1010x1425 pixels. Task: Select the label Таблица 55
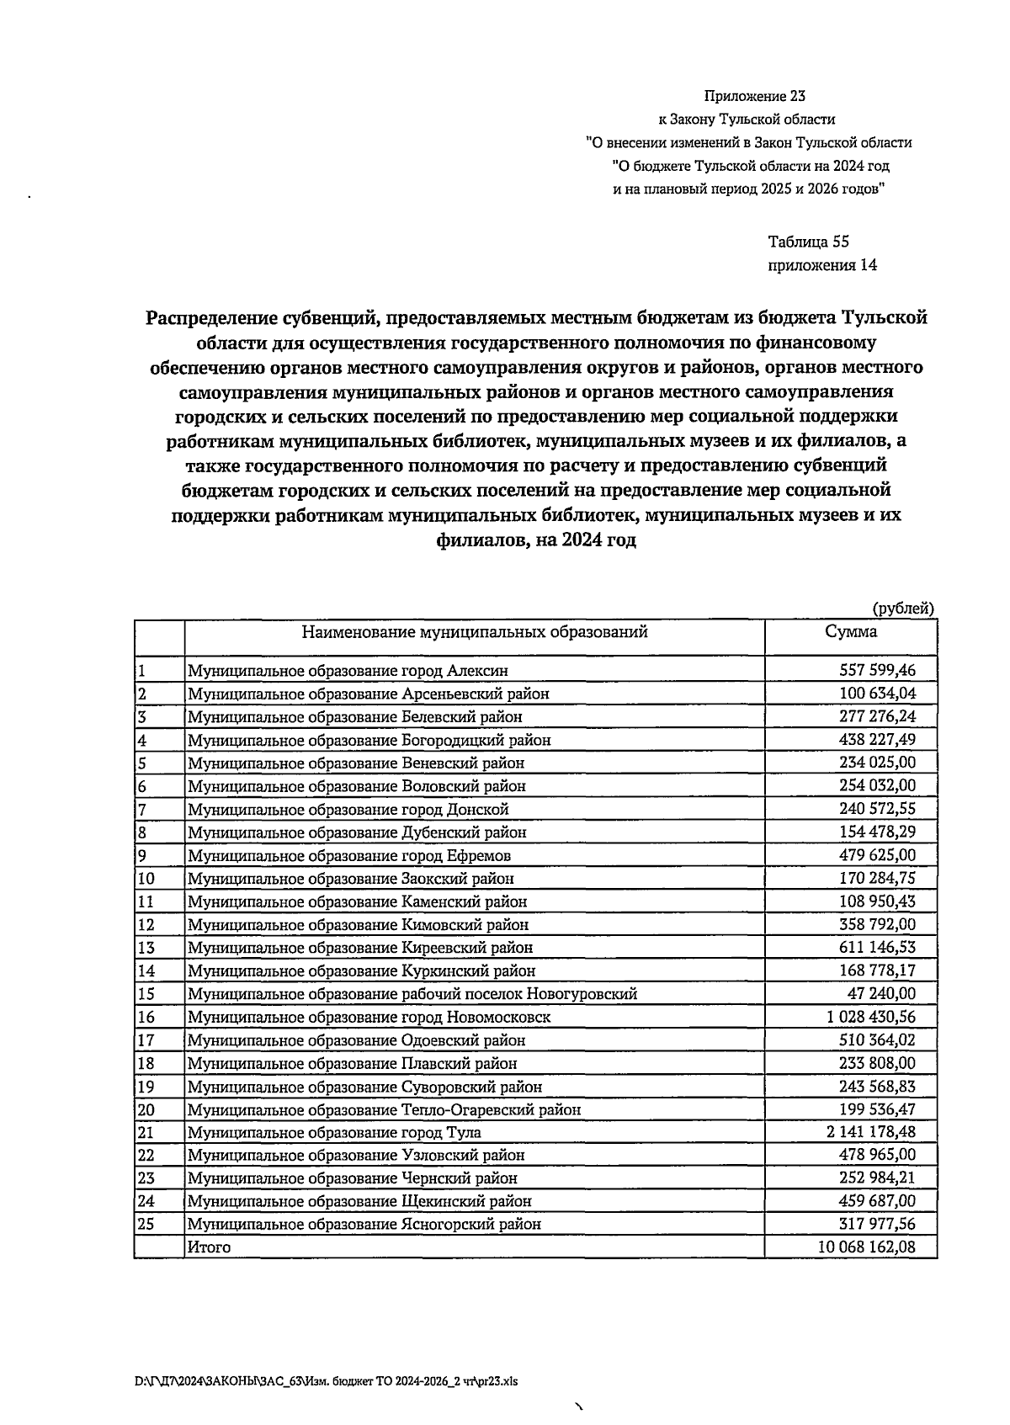pos(808,242)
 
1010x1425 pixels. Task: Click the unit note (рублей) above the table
pos(902,609)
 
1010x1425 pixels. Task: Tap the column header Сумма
pos(850,632)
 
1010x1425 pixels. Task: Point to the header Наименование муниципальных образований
pos(475,632)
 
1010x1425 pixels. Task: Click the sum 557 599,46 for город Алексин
pos(877,671)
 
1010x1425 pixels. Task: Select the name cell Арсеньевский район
pos(368,694)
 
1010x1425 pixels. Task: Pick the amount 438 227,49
pos(877,740)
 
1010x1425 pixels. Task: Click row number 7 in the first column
pos(142,810)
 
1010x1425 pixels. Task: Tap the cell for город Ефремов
pos(349,856)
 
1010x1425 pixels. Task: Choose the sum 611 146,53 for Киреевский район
pos(877,948)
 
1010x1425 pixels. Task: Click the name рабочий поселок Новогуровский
pos(412,994)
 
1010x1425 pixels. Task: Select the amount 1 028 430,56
pos(870,1017)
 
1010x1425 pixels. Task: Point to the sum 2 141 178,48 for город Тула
pos(870,1132)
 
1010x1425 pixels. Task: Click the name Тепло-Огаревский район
pos(384,1109)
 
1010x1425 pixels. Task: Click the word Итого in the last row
pos(209,1247)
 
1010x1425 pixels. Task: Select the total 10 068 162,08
pos(865,1247)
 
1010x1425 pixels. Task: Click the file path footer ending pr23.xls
pos(325,1381)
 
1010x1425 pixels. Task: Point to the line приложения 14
pos(821,265)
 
